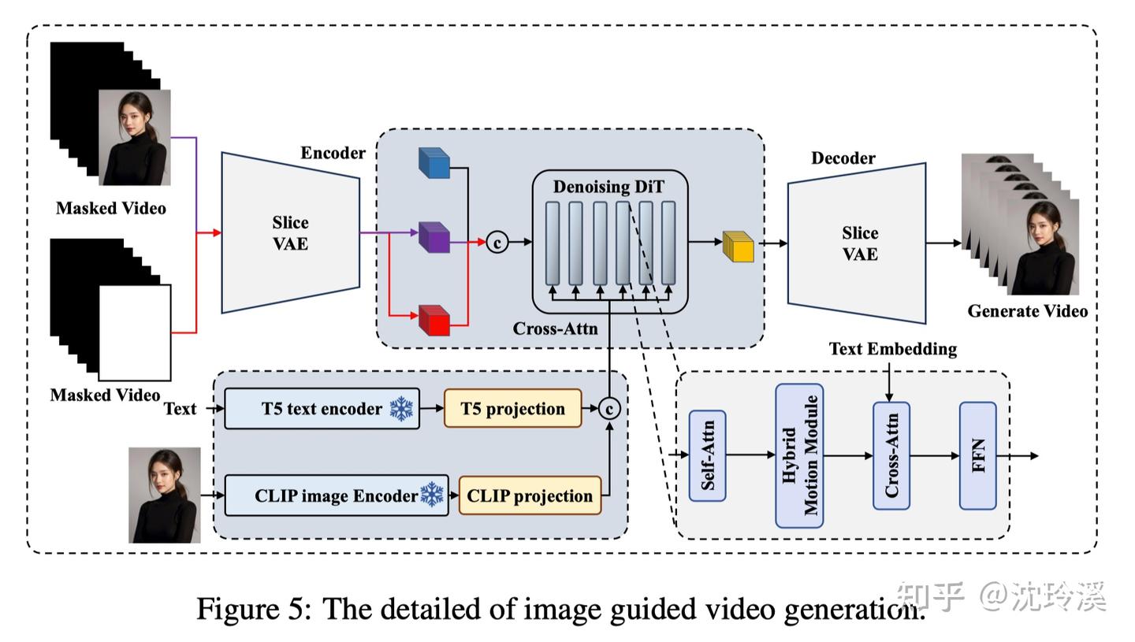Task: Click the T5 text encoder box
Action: click(x=322, y=409)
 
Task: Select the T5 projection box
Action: click(x=512, y=409)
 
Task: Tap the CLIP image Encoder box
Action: click(x=337, y=495)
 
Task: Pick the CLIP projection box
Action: click(x=530, y=495)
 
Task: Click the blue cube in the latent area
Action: click(x=434, y=163)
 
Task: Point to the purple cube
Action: click(x=434, y=237)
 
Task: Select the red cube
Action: click(x=434, y=321)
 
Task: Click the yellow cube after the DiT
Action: click(x=739, y=247)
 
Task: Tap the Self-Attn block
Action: click(x=707, y=455)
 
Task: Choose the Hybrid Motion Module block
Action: click(x=799, y=455)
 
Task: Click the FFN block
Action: click(x=977, y=455)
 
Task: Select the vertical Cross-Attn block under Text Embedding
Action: click(x=891, y=455)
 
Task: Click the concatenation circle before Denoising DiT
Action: click(x=497, y=242)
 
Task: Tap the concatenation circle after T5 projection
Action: click(x=609, y=408)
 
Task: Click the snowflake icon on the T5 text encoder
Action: click(x=401, y=409)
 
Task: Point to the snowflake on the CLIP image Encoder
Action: click(x=432, y=495)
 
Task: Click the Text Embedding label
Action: click(x=892, y=349)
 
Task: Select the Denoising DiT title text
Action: click(x=608, y=187)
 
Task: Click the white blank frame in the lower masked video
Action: click(x=135, y=332)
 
